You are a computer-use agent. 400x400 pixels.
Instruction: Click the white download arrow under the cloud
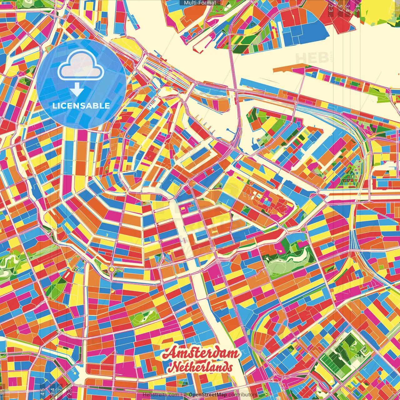(77, 90)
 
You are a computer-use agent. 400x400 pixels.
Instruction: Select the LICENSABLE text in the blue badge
(81, 106)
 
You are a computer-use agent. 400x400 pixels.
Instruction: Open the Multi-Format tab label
(200, 3)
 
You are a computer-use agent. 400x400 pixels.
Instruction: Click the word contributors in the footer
(242, 395)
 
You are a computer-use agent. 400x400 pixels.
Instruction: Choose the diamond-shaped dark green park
(341, 356)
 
